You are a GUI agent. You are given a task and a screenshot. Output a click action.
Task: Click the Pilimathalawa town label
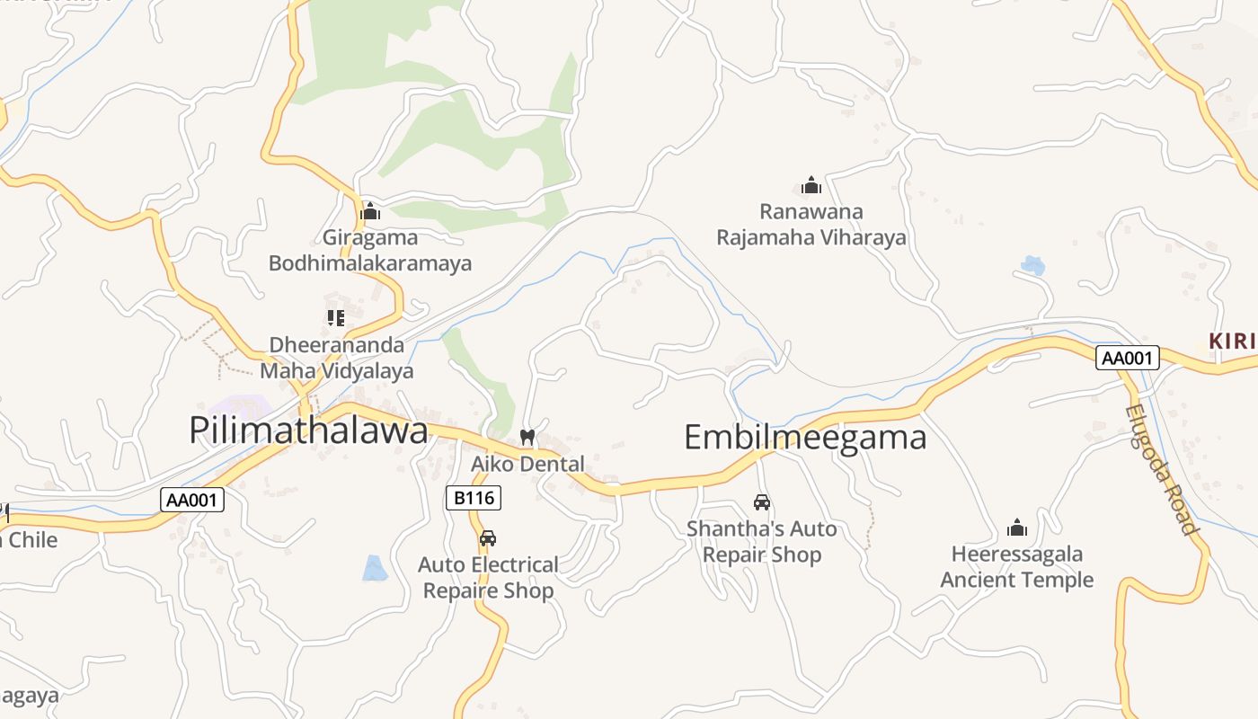[x=308, y=431]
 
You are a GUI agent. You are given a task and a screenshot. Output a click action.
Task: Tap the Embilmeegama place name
[x=805, y=438]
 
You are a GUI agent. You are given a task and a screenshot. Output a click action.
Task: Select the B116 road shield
[x=474, y=497]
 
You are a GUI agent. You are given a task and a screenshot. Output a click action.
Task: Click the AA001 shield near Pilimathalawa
[x=192, y=500]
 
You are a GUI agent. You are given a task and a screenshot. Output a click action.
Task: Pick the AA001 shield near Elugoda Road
[x=1128, y=358]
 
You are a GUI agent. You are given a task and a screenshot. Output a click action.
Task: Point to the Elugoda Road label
[x=1163, y=469]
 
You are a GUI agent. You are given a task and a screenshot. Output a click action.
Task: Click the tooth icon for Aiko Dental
[x=527, y=437]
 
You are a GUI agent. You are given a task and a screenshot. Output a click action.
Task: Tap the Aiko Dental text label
[x=528, y=465]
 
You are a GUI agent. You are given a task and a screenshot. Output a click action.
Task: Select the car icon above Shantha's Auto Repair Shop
[x=762, y=502]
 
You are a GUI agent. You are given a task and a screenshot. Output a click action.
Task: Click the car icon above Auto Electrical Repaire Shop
[x=488, y=538]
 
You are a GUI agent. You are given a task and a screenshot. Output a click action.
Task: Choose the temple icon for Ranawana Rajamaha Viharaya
[x=811, y=186]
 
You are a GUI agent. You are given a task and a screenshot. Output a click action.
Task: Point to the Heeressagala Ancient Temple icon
[x=1017, y=528]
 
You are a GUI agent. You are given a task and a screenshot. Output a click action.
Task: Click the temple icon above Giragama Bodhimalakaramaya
[x=370, y=213]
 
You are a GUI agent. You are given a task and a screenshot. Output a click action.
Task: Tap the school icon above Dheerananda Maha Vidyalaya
[x=336, y=317]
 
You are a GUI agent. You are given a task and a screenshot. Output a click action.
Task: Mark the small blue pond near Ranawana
[x=1033, y=265]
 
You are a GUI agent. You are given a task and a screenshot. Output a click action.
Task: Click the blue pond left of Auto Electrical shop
[x=375, y=568]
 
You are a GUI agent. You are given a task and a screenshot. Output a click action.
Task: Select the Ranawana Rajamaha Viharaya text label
[x=811, y=225]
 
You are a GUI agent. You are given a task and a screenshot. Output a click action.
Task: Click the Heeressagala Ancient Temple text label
[x=1017, y=567]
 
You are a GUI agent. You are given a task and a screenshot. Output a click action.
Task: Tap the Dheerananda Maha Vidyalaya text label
[x=337, y=358]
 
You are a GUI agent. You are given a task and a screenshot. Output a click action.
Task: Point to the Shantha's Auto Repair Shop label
[x=762, y=542]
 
